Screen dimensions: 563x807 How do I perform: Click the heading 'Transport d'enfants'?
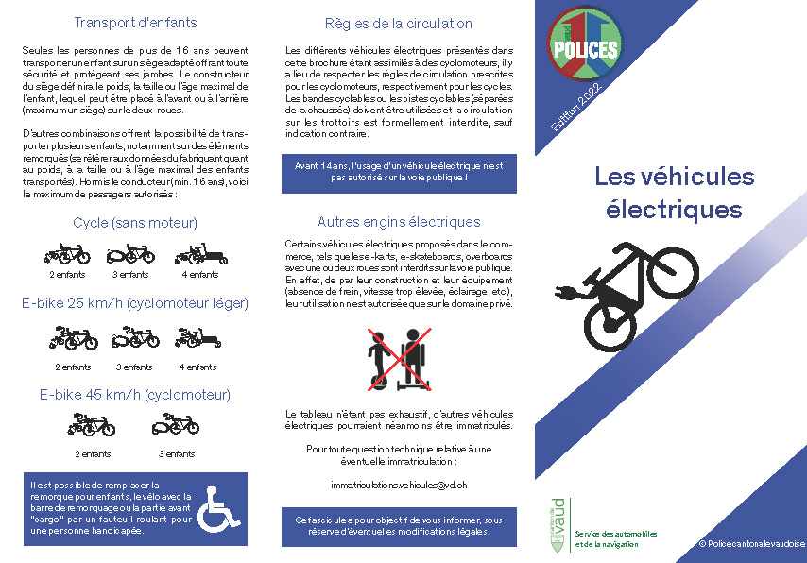(x=134, y=23)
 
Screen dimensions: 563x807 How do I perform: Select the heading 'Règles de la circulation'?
(x=398, y=24)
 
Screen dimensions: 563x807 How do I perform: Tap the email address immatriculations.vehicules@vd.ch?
(x=399, y=485)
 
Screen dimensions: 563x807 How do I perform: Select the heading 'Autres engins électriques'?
(x=398, y=223)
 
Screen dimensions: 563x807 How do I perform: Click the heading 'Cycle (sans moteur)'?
(x=134, y=224)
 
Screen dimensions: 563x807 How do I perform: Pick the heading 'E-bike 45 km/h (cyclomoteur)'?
(x=134, y=395)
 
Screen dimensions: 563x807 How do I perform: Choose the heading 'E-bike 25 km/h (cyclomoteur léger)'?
(x=134, y=303)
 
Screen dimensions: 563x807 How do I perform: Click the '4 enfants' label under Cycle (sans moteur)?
(x=199, y=275)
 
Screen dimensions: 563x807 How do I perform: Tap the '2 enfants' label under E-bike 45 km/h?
(x=92, y=454)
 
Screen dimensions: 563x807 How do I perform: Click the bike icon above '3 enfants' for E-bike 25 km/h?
(x=134, y=337)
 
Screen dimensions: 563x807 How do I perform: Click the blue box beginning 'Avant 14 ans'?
(x=398, y=171)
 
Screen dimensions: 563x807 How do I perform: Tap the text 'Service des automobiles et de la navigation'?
(x=616, y=538)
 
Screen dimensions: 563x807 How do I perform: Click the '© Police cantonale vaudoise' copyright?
(x=750, y=544)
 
